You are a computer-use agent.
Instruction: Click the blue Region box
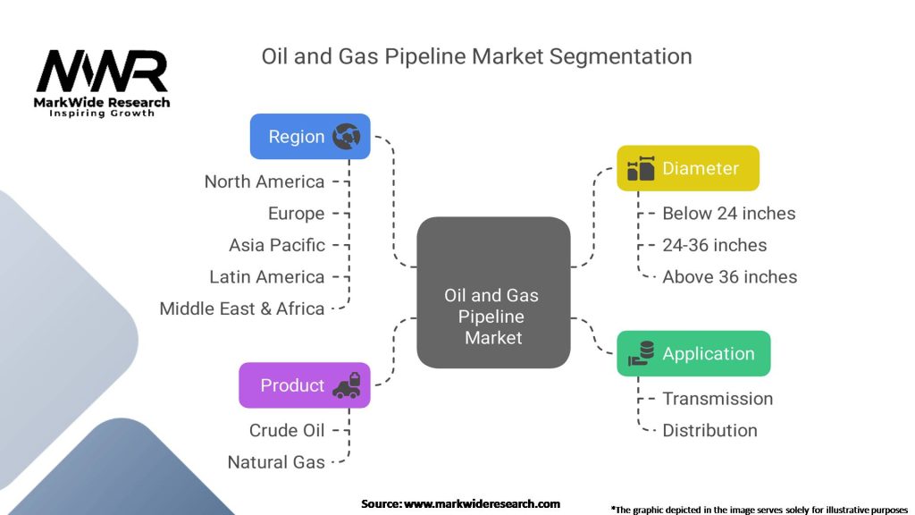(x=310, y=136)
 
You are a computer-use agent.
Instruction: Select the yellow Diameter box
(x=688, y=168)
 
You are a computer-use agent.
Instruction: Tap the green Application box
(x=693, y=353)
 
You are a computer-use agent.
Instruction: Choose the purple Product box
(x=304, y=385)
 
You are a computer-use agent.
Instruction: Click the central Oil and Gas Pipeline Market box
(x=493, y=292)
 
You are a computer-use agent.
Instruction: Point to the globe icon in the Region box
(x=346, y=136)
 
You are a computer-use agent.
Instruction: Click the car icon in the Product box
(x=347, y=385)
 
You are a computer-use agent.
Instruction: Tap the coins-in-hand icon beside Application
(x=641, y=353)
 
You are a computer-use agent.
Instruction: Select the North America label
(x=264, y=182)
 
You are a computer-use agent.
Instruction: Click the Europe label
(x=296, y=214)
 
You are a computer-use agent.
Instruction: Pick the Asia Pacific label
(x=277, y=245)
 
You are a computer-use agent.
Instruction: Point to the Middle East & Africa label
(x=241, y=308)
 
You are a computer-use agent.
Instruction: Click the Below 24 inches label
(x=729, y=214)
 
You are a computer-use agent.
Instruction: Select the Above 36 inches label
(x=729, y=277)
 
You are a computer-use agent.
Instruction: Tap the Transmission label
(x=718, y=399)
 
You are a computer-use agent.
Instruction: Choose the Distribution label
(x=709, y=430)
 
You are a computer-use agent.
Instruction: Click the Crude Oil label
(x=287, y=430)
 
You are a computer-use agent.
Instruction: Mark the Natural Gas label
(x=276, y=462)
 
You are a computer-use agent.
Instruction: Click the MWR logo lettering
(x=102, y=71)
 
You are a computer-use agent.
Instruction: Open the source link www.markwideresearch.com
(x=482, y=504)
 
